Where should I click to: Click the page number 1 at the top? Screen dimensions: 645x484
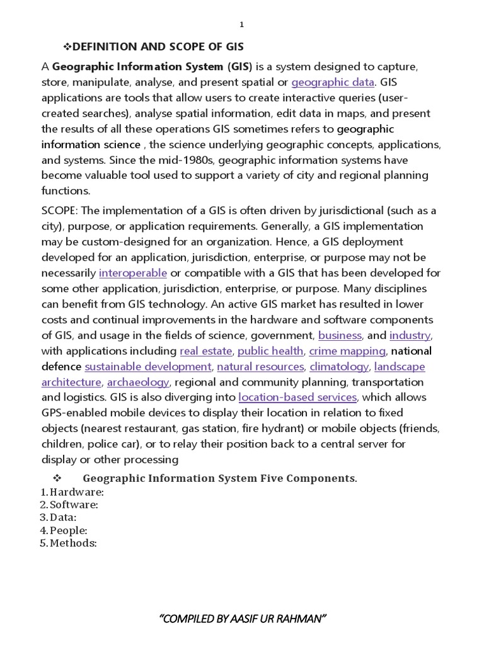[x=241, y=25]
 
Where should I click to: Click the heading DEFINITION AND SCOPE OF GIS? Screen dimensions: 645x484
[x=154, y=47]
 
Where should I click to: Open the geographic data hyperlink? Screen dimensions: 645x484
[x=333, y=82]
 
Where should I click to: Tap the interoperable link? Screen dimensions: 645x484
[x=133, y=273]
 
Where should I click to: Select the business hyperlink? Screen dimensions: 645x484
[x=340, y=335]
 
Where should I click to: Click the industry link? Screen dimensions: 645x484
[x=410, y=335]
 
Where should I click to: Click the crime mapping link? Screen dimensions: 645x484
[x=347, y=351]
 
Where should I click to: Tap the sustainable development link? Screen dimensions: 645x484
[x=148, y=366]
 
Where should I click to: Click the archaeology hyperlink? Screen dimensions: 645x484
[x=138, y=382]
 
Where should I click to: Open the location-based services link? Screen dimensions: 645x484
[x=298, y=397]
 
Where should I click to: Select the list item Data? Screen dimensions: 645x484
[x=63, y=517]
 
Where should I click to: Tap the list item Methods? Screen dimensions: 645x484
[x=73, y=543]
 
